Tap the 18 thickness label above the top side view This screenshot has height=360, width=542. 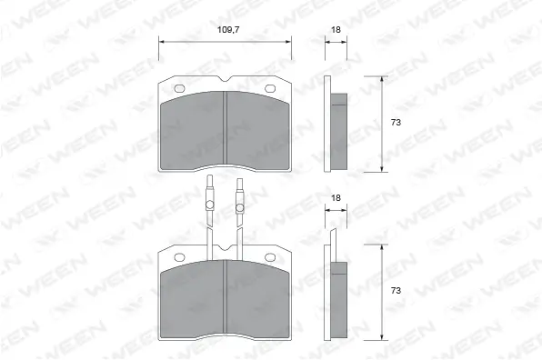[x=336, y=30]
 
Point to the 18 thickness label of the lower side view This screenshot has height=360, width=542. [x=336, y=197]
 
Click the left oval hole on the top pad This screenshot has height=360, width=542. [x=179, y=88]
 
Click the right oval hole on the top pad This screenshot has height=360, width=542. [x=270, y=88]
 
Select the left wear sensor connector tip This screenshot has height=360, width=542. [x=208, y=180]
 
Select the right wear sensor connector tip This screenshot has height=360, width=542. [x=241, y=180]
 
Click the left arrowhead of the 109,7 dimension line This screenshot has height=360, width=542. [x=163, y=40]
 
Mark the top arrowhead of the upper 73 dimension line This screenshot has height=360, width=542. [x=380, y=79]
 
